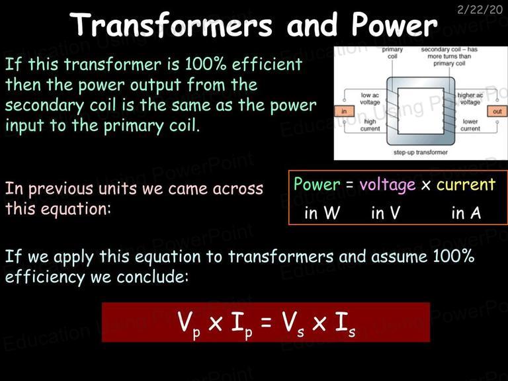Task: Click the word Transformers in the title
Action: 171,25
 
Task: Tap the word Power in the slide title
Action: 395,25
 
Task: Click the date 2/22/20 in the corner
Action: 480,9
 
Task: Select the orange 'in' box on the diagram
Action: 344,111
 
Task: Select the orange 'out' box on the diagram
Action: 497,111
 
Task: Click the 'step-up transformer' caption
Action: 421,152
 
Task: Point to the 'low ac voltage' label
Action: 370,99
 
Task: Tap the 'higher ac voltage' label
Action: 470,99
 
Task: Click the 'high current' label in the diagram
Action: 370,125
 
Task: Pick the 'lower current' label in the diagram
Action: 470,125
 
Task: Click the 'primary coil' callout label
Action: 392,53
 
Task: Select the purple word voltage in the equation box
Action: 388,185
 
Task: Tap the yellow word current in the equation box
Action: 466,185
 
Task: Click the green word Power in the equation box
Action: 317,184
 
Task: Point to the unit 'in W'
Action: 322,213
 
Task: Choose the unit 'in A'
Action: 466,213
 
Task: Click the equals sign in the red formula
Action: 266,322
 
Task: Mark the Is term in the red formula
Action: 345,324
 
